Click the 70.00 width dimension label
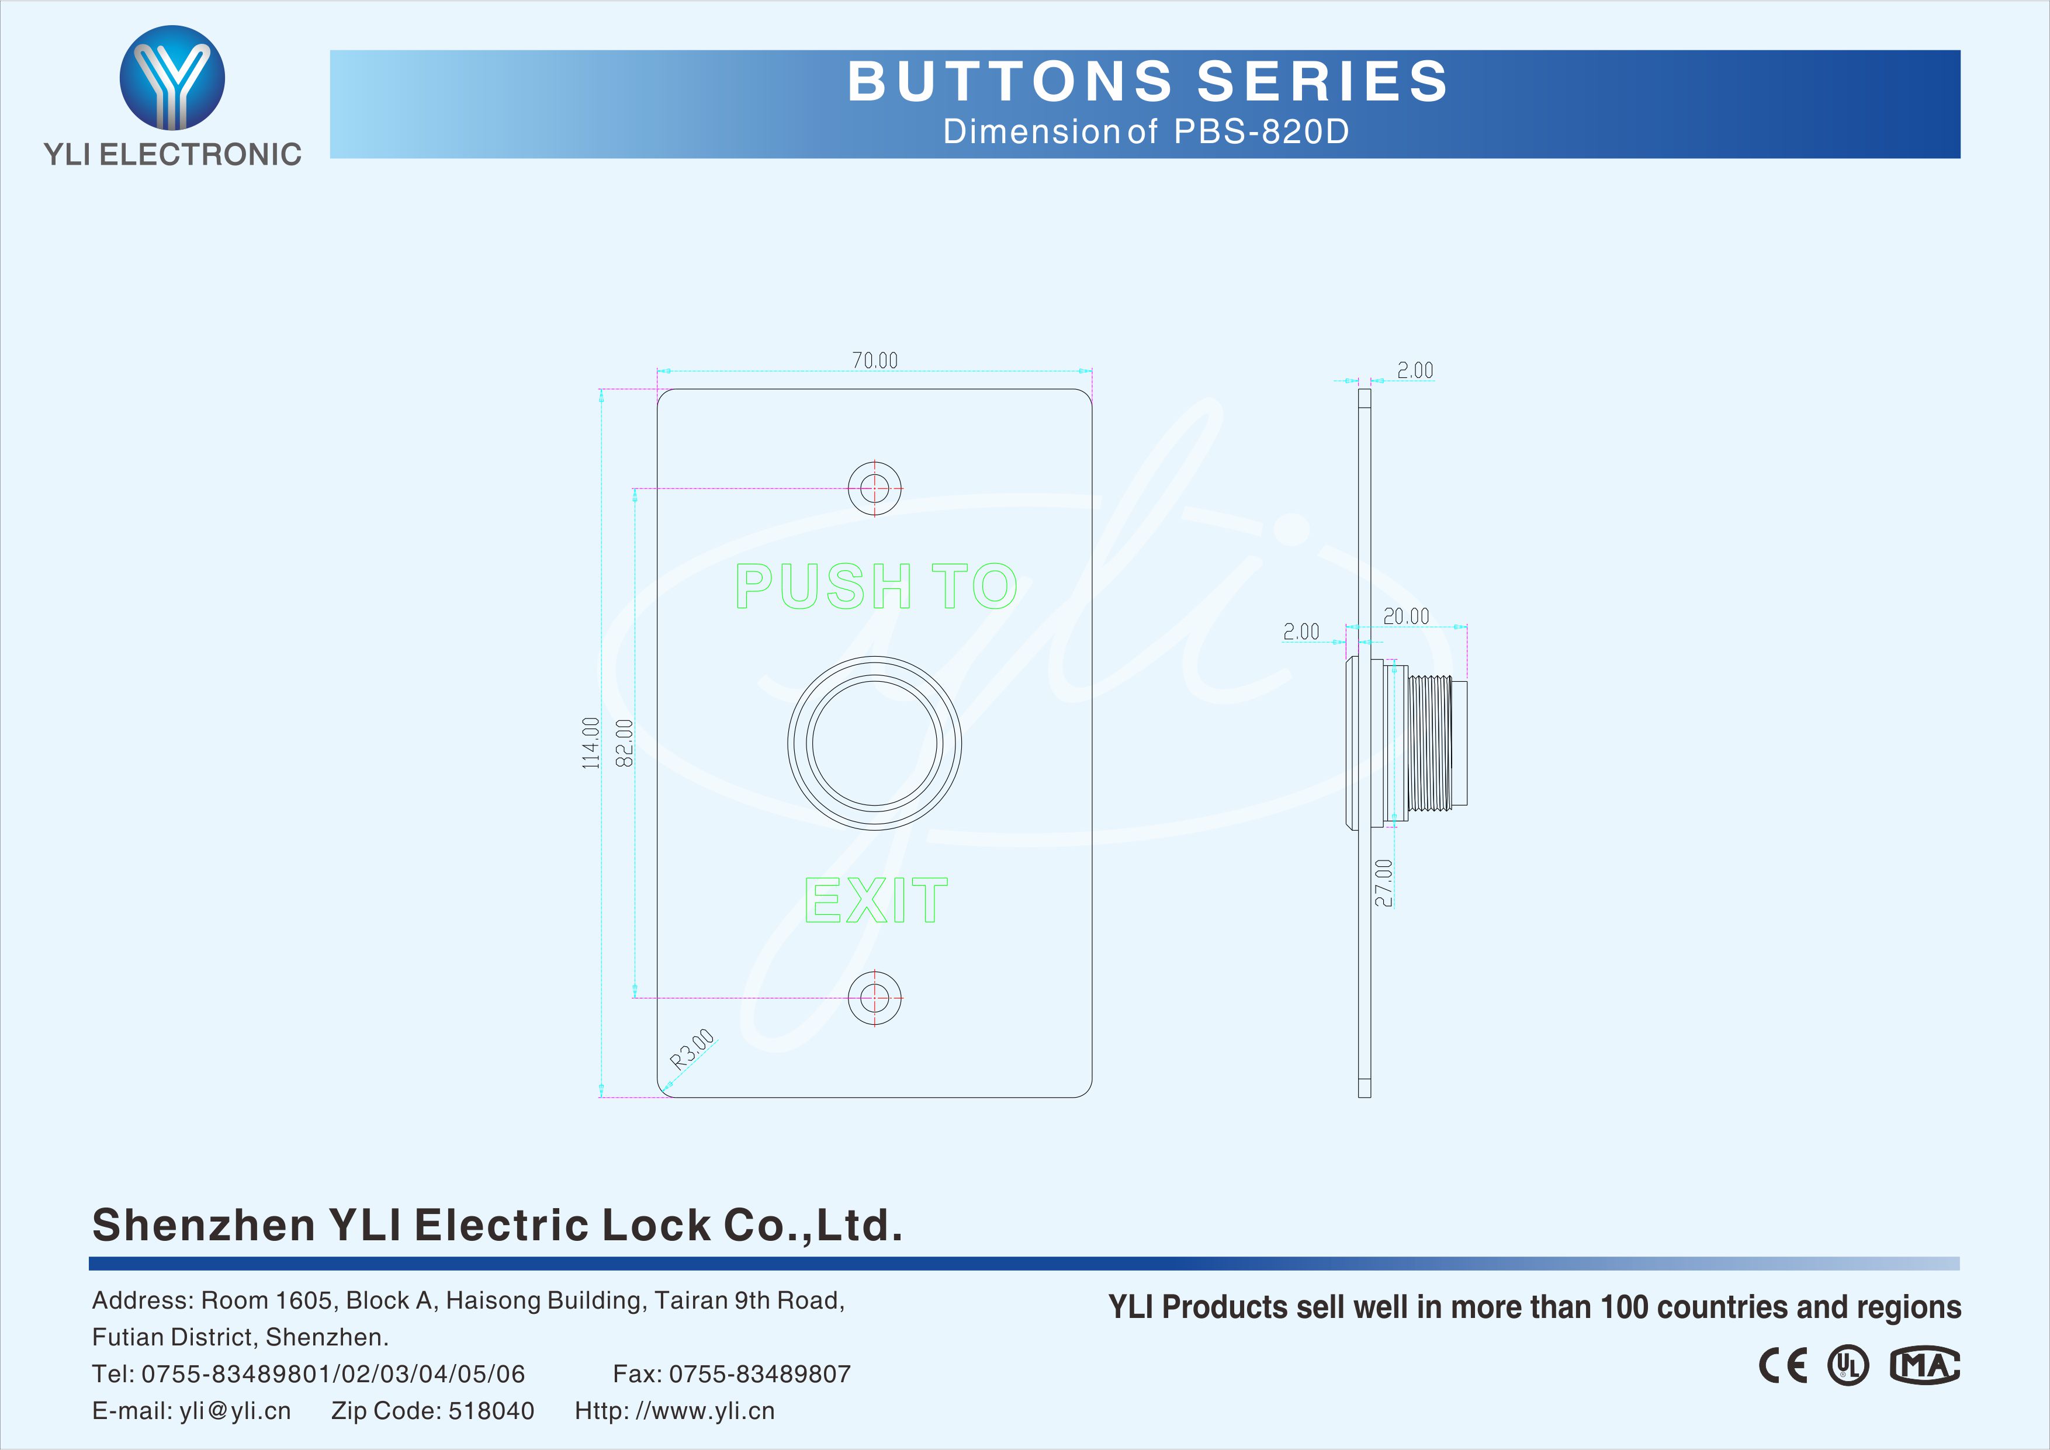tap(874, 360)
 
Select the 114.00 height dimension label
tap(590, 743)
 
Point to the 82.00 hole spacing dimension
tap(625, 743)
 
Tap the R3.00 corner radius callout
tap(692, 1049)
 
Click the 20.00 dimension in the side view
tap(1405, 616)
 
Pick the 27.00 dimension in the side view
tap(1383, 883)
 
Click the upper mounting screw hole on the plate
tap(874, 488)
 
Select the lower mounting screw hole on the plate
tap(874, 997)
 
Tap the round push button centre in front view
tap(874, 743)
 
